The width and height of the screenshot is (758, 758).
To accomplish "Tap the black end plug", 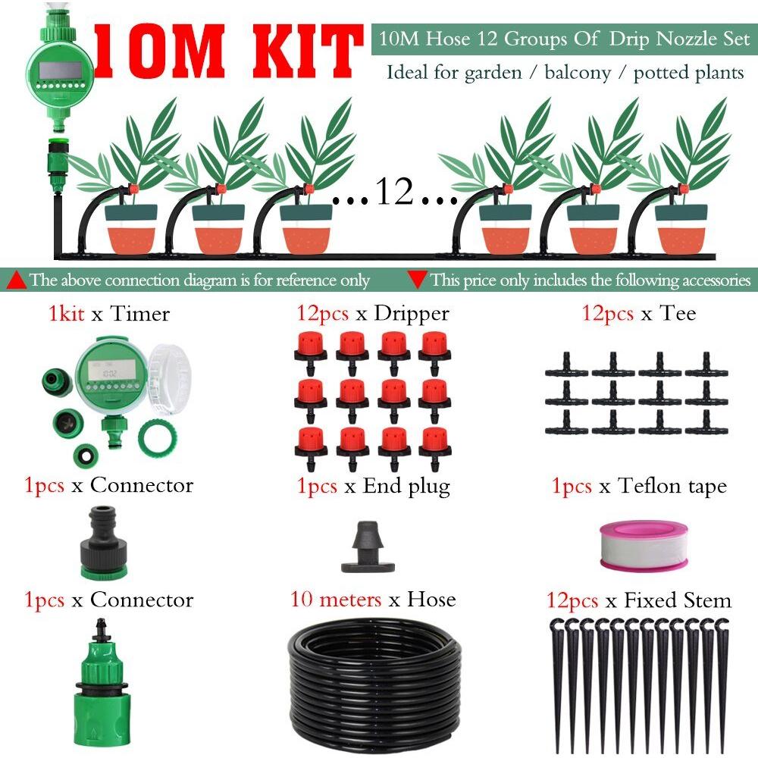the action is coord(368,547).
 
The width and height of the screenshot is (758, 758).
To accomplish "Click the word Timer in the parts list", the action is coord(140,314).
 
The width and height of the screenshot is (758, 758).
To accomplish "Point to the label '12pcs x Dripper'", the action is coord(373,314).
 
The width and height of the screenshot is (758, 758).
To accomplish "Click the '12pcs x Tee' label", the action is coord(638,313).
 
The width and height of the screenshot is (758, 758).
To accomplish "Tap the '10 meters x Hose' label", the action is coord(373,600).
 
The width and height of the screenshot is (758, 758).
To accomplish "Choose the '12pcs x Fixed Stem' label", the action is coord(638,600).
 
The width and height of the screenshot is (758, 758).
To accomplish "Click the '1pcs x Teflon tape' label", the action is coord(639,486).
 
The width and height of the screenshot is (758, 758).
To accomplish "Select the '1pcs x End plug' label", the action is coord(373,487).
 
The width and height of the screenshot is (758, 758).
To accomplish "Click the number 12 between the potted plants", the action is coord(394,192).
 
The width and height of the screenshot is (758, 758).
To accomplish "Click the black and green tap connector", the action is coord(103,543).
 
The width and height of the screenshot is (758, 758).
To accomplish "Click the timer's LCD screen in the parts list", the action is coord(110,371).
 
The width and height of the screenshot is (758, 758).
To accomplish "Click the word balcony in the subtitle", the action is coord(578,73).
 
